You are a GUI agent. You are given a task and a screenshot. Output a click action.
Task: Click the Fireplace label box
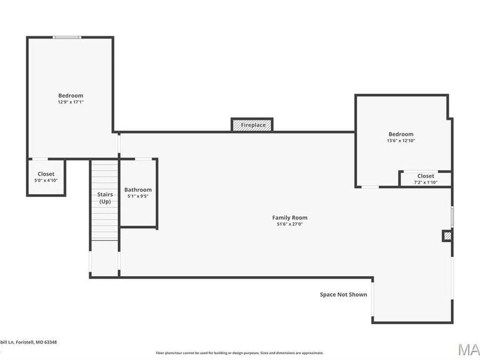(x=252, y=125)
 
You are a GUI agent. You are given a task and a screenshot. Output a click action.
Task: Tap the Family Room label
(x=290, y=218)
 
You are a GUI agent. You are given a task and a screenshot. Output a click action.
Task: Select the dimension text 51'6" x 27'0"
(x=290, y=225)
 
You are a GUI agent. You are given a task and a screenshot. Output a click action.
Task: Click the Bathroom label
(x=138, y=190)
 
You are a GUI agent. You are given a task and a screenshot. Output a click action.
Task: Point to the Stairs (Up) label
(x=105, y=198)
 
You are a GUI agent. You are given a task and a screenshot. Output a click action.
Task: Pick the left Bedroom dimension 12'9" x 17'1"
(x=70, y=102)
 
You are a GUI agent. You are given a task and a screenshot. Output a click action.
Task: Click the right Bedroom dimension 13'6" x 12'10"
(x=401, y=141)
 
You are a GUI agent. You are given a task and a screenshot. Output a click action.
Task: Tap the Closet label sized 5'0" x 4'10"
(x=46, y=174)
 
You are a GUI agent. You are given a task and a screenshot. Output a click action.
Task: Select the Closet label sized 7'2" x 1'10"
(x=426, y=176)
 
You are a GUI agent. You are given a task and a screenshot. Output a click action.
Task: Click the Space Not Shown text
(x=343, y=294)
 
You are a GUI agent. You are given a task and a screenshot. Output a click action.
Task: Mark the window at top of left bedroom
(x=67, y=37)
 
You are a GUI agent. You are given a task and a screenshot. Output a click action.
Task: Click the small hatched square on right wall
(x=447, y=235)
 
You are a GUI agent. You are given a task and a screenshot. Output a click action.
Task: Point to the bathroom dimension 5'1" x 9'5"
(x=138, y=196)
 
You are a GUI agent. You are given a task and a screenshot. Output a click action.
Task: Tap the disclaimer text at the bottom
(x=239, y=353)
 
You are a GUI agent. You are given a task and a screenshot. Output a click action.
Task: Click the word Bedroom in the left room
(x=70, y=95)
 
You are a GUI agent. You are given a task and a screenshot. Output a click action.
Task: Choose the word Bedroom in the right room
(x=401, y=134)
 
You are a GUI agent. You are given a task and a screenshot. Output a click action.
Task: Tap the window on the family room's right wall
(x=452, y=217)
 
